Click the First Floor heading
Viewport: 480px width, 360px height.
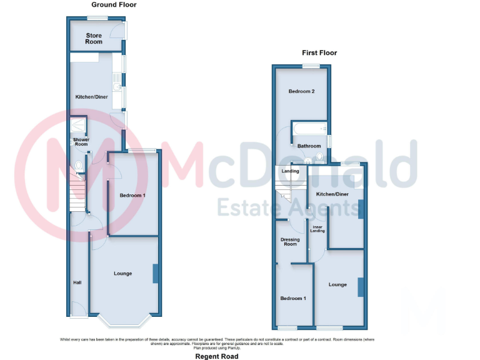319,53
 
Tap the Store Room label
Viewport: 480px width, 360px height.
94,39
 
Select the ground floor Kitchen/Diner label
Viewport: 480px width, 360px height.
92,97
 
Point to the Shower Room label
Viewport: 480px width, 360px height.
81,142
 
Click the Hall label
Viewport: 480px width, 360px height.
77,283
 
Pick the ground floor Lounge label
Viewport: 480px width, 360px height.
123,273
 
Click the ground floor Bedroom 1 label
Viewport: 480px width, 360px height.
132,196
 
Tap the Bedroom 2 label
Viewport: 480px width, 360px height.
301,92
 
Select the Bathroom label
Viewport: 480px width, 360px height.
309,146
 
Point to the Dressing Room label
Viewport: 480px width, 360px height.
291,242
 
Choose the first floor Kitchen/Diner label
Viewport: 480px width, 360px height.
333,194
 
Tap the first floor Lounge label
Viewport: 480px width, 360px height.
337,285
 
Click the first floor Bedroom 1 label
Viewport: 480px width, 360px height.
293,299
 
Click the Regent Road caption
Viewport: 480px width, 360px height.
217,356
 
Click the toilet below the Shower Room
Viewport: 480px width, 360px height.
77,166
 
